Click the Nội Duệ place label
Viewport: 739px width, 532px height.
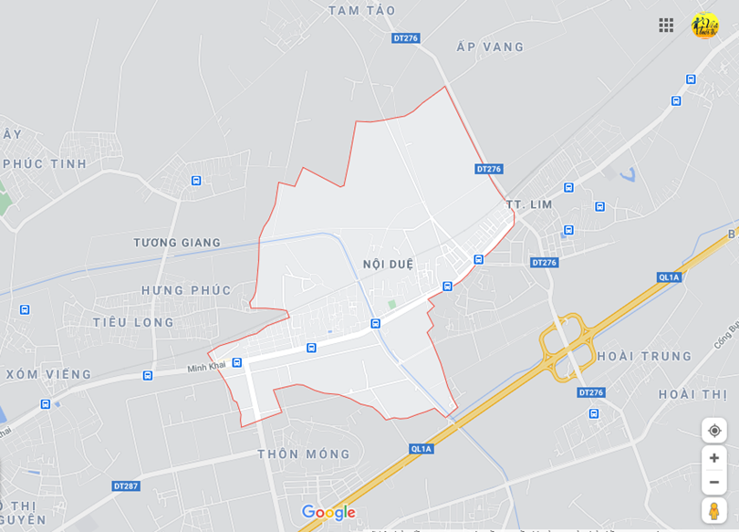pos(388,265)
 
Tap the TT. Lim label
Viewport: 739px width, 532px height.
pos(529,204)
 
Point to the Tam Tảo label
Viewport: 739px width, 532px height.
pos(361,10)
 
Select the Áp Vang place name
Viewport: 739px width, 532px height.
pos(490,47)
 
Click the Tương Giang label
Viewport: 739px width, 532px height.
pos(177,243)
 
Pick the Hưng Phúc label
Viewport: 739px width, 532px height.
pos(186,290)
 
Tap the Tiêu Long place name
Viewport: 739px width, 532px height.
pos(133,322)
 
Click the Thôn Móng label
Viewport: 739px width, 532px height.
pos(304,454)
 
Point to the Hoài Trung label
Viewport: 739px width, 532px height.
pos(644,357)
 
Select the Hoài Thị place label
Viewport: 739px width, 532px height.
pos(692,394)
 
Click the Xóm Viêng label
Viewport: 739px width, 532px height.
pos(48,374)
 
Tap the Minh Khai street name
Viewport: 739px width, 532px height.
pos(206,367)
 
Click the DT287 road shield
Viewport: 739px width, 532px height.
pos(127,486)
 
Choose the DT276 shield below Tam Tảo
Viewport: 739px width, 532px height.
pos(405,38)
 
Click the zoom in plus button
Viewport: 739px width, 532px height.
pos(714,458)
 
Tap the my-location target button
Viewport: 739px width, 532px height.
pos(714,431)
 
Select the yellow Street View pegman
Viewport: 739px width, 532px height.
pos(714,510)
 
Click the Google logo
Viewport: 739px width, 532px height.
pos(328,512)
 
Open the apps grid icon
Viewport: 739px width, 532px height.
pos(666,26)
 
